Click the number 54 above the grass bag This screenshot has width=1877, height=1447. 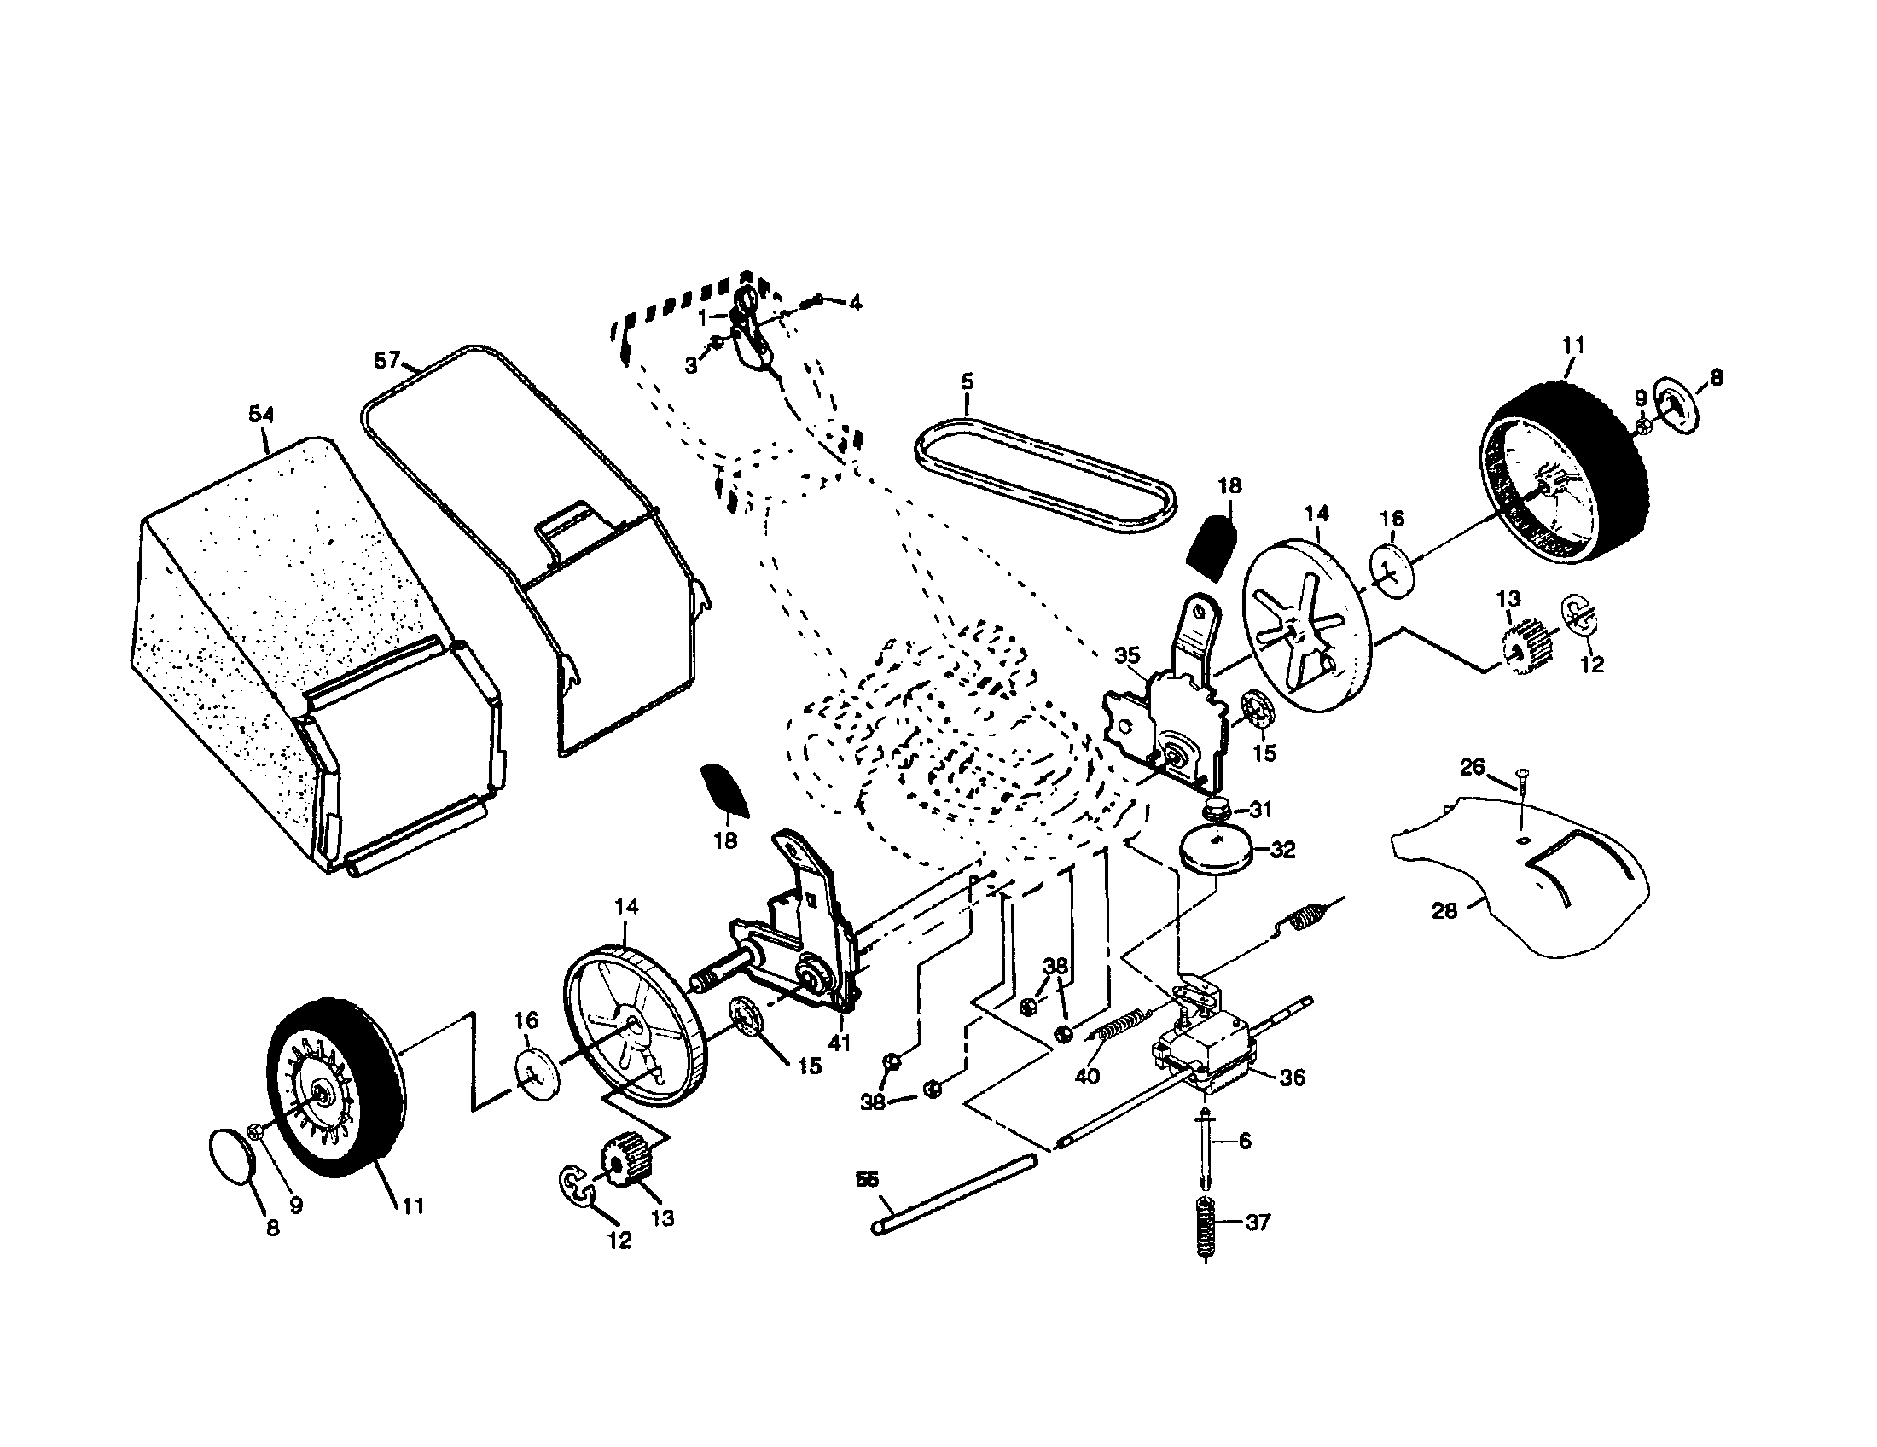click(261, 414)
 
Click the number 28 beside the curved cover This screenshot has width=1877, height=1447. click(1444, 910)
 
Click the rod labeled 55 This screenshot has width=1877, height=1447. click(954, 1194)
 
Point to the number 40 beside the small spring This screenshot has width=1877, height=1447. click(1087, 1077)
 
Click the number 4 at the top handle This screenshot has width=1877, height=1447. click(855, 303)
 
